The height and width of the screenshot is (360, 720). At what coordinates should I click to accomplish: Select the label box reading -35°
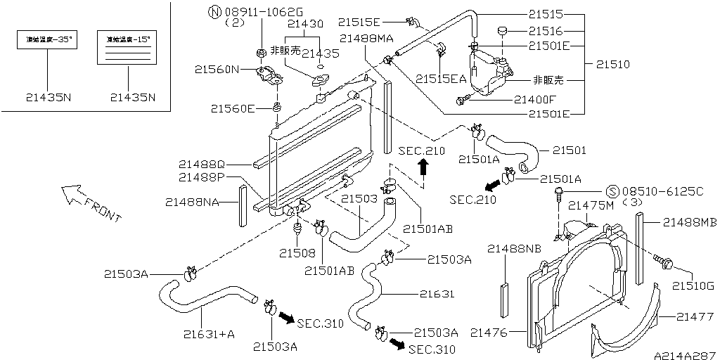[47, 41]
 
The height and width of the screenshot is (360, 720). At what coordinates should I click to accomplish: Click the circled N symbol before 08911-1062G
[214, 11]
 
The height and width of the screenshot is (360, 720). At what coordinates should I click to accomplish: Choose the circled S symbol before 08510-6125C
[611, 191]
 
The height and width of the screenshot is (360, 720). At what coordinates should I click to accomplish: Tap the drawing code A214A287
[684, 355]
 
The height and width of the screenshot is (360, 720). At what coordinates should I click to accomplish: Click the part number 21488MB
[689, 222]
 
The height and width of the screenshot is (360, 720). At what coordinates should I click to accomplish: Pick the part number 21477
[695, 318]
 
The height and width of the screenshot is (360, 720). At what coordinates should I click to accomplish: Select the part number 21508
[296, 252]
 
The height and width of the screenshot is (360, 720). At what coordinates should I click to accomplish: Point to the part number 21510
[613, 64]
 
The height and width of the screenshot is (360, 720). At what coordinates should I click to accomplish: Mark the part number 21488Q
[201, 163]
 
